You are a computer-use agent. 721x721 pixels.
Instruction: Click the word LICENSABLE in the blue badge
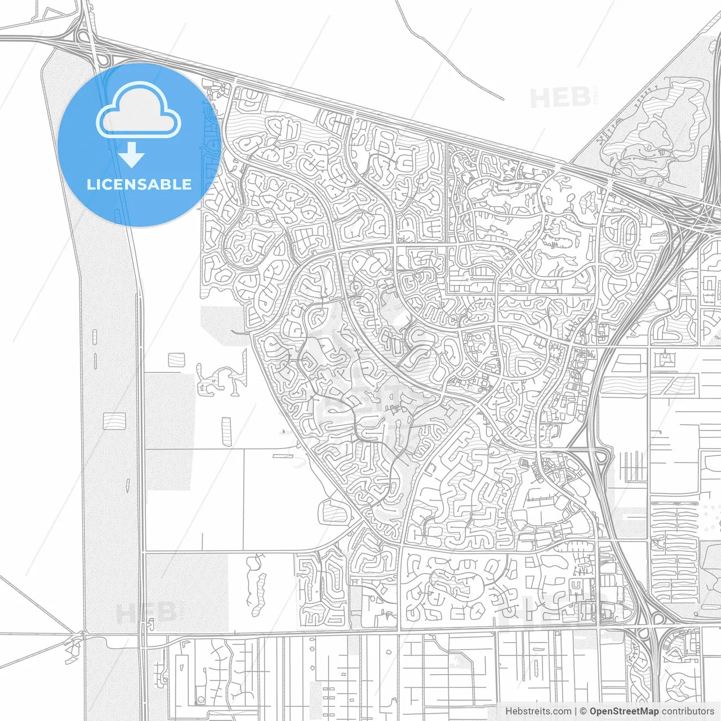[x=139, y=184]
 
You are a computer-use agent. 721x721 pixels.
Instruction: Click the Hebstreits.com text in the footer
[x=538, y=711]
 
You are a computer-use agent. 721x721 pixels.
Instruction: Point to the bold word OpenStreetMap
[x=624, y=711]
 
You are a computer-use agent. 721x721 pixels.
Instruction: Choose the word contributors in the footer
[x=688, y=711]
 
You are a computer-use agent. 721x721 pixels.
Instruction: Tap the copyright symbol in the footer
[x=583, y=711]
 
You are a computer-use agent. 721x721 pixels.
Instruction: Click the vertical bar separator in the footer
[x=575, y=711]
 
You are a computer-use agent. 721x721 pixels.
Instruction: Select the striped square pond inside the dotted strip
[x=114, y=420]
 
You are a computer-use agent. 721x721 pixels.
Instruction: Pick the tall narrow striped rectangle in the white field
[x=226, y=431]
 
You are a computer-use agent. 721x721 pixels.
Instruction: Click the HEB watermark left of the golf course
[x=560, y=98]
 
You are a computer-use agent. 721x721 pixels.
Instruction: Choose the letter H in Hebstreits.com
[x=509, y=711]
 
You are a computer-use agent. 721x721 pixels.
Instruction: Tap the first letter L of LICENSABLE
[x=90, y=184]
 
